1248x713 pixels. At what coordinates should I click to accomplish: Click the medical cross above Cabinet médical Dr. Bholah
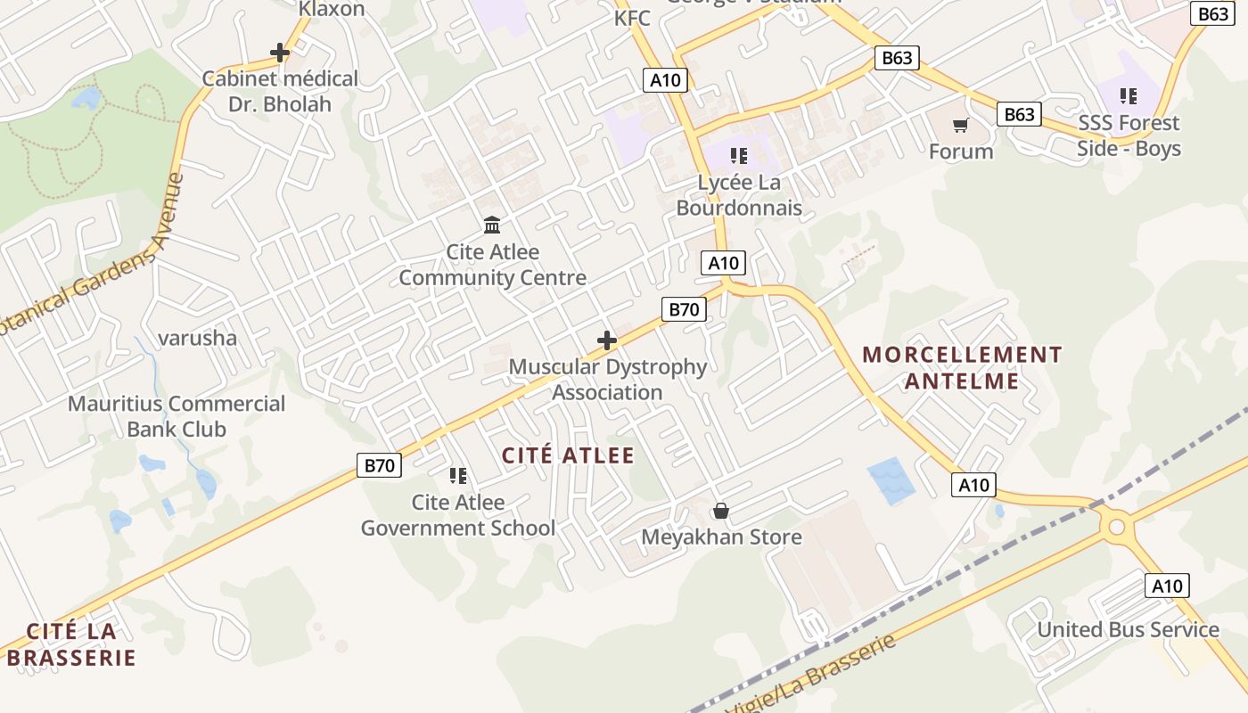280,53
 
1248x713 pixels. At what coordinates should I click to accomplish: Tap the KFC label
632,18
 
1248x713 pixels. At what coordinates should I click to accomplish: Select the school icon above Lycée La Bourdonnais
738,156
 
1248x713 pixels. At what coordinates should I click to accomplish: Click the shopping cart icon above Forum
960,126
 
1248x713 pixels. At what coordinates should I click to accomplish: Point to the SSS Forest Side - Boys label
1129,135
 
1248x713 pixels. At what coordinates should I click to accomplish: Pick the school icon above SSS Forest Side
1129,95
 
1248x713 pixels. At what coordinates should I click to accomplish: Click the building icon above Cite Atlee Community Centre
492,225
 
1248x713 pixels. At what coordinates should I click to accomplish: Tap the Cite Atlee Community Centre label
492,265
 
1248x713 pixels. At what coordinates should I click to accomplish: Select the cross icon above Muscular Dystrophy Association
607,340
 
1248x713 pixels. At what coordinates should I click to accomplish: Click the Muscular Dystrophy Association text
607,380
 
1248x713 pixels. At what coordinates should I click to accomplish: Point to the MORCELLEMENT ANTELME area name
962,368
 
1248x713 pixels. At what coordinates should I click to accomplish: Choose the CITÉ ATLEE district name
568,455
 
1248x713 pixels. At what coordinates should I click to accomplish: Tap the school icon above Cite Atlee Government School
458,476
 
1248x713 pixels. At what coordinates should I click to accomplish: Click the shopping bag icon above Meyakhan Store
721,511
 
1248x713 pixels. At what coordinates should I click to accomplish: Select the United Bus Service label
1128,629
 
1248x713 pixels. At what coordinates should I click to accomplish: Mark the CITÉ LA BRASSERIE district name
71,645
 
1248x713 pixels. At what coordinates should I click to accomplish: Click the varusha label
197,338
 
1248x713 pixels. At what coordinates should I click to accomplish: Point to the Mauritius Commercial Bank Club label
177,416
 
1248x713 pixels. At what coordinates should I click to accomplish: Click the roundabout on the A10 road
1117,527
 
